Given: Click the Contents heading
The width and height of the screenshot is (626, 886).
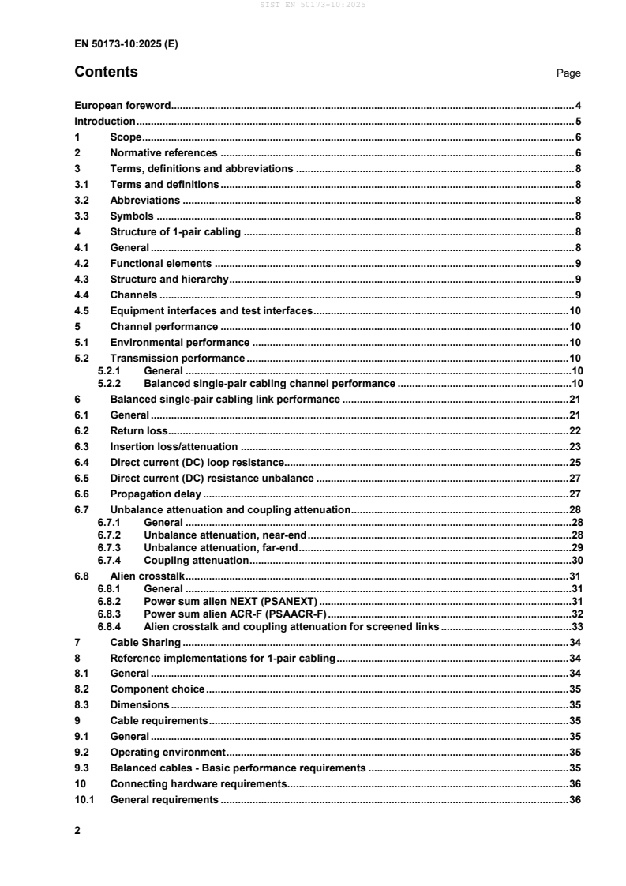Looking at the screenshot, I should pyautogui.click(x=106, y=73).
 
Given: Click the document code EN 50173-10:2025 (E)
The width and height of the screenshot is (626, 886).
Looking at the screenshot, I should pyautogui.click(x=126, y=44).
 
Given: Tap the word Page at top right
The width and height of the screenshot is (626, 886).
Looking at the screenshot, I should pyautogui.click(x=568, y=73).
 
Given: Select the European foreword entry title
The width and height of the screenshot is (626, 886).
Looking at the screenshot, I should pyautogui.click(x=123, y=105).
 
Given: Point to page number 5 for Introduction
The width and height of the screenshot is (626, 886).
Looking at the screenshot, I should pyautogui.click(x=578, y=122).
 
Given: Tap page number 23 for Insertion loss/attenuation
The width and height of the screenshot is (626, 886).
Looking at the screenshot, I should pyautogui.click(x=575, y=446).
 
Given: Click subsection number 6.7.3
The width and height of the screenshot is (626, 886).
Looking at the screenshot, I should pyautogui.click(x=108, y=547).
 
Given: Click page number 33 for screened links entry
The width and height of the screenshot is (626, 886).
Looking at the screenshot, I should pyautogui.click(x=575, y=626).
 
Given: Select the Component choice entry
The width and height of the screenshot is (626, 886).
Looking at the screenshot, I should pyautogui.click(x=157, y=689).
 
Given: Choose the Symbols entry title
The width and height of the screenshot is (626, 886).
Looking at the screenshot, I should pyautogui.click(x=132, y=216).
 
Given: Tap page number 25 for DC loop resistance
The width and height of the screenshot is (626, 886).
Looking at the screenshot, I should pyautogui.click(x=575, y=462).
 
